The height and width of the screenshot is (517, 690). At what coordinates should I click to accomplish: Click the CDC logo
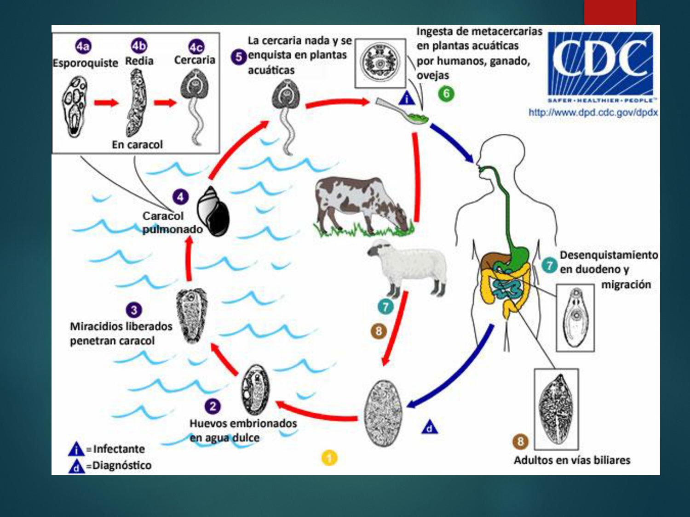click(x=600, y=64)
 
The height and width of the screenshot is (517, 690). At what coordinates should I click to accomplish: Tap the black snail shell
click(x=213, y=212)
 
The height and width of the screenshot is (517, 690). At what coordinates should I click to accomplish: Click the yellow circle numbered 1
click(x=329, y=458)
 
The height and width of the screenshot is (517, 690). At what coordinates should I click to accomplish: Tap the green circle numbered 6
click(x=446, y=94)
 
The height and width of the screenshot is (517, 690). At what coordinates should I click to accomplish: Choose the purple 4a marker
click(x=83, y=46)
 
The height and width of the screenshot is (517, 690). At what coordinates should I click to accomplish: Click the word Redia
click(x=139, y=61)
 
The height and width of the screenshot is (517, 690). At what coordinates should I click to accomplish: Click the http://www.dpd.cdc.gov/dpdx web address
click(x=593, y=113)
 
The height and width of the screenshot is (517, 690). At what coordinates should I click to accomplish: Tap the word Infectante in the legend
click(x=119, y=449)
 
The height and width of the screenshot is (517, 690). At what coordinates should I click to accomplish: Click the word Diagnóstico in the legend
click(x=121, y=466)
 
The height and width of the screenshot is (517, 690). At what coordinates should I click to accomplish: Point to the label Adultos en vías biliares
click(x=572, y=460)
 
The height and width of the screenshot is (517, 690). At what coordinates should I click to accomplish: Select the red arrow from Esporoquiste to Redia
click(x=106, y=102)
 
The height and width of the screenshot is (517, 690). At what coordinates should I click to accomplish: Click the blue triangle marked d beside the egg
click(x=429, y=428)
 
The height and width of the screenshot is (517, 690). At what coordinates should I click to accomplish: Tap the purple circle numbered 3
click(x=134, y=310)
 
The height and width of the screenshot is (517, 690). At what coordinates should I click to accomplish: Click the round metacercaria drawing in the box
click(x=380, y=63)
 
